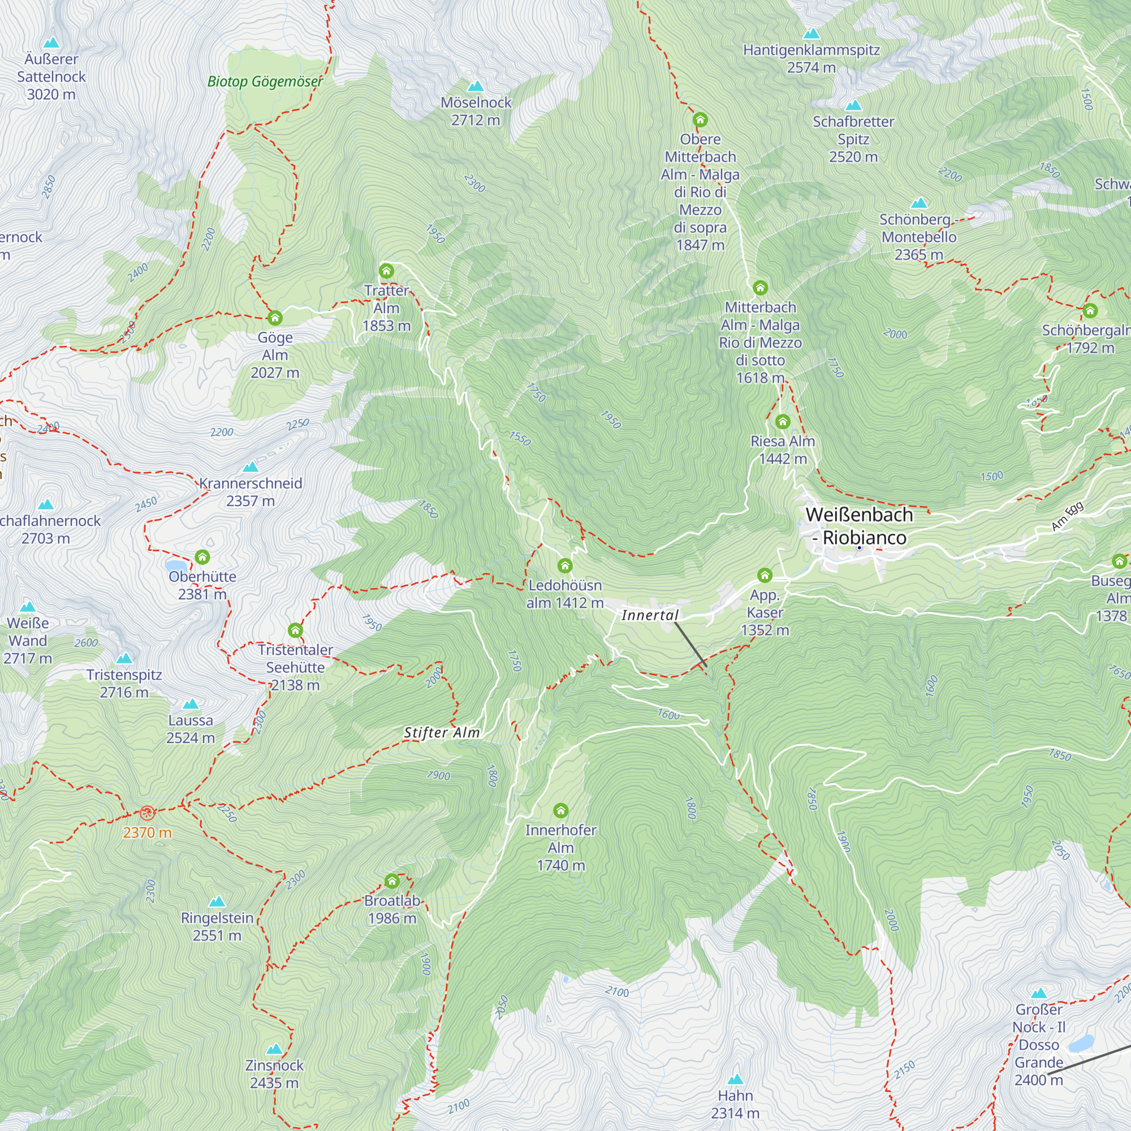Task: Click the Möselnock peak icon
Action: click(476, 87)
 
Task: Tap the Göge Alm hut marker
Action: click(275, 318)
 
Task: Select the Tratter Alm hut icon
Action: click(386, 271)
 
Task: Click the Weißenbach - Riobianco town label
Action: click(859, 526)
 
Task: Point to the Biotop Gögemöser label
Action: click(265, 81)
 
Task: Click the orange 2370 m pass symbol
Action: click(147, 813)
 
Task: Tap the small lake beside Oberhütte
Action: click(176, 565)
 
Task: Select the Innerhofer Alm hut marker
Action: click(560, 810)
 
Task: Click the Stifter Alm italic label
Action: click(442, 732)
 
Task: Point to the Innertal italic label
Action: click(650, 615)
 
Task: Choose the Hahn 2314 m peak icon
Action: click(735, 1079)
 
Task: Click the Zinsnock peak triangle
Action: click(274, 1048)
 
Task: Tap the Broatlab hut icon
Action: click(392, 881)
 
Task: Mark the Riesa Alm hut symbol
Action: click(782, 421)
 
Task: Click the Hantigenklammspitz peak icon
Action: click(811, 33)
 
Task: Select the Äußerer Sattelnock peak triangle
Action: click(51, 43)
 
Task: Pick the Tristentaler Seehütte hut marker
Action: click(295, 631)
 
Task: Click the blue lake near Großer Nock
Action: click(1081, 1043)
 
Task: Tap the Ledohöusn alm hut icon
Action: click(564, 565)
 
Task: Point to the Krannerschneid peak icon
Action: click(251, 467)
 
